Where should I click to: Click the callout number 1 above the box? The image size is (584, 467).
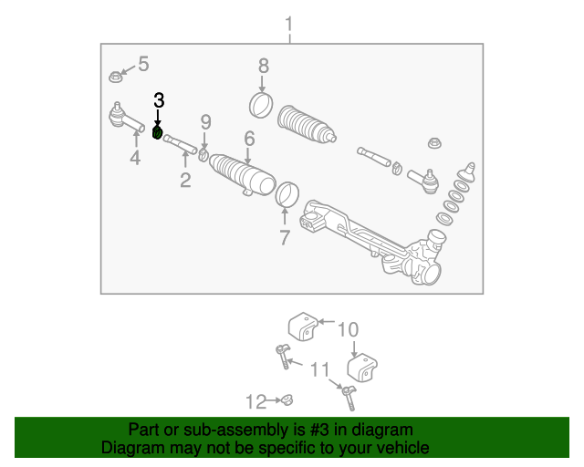point(289,23)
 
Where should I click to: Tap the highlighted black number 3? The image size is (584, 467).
point(159,100)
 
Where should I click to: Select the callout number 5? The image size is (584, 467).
point(143,64)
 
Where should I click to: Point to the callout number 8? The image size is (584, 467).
point(263,66)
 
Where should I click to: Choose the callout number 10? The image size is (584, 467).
point(349,329)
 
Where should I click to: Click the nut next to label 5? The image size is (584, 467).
point(116,76)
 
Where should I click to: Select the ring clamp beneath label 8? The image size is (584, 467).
point(261,104)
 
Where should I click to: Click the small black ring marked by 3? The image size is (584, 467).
point(157,133)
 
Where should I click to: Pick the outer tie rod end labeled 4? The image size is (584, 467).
point(124,117)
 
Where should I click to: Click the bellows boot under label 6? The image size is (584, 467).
point(244,175)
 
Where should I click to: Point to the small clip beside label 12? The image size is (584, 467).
point(285,399)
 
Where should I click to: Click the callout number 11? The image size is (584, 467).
point(318,369)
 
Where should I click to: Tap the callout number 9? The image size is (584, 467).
point(205,122)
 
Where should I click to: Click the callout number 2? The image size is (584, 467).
point(185,180)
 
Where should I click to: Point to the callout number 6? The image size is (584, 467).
point(248,139)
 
